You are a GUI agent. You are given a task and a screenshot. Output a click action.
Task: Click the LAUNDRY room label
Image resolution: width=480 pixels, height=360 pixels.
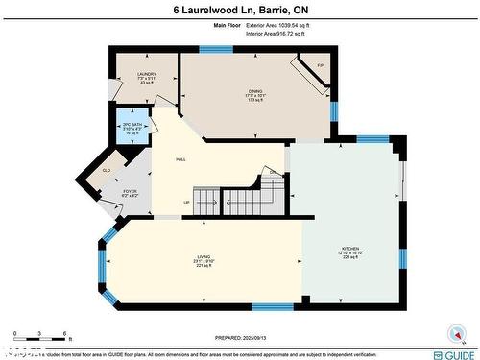pos(146,74)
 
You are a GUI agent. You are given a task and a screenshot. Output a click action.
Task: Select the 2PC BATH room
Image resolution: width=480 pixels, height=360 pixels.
pos(132,127)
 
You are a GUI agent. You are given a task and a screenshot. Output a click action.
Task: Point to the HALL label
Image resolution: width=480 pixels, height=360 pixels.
pos(180,159)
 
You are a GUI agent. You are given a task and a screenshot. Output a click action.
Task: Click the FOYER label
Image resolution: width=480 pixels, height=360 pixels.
pos(131,192)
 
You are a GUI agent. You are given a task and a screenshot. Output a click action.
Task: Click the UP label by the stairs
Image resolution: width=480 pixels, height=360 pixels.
pos(187,202)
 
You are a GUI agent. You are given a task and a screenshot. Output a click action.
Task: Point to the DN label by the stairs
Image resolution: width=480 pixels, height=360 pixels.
pos(273,173)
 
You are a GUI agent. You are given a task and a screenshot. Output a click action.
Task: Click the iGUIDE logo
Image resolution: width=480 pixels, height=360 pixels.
pos(451,354)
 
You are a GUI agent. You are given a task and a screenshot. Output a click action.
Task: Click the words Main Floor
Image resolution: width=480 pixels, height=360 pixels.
pos(214,25)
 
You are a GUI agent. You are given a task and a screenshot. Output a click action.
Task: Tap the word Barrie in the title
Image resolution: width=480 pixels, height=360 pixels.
pos(274,10)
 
